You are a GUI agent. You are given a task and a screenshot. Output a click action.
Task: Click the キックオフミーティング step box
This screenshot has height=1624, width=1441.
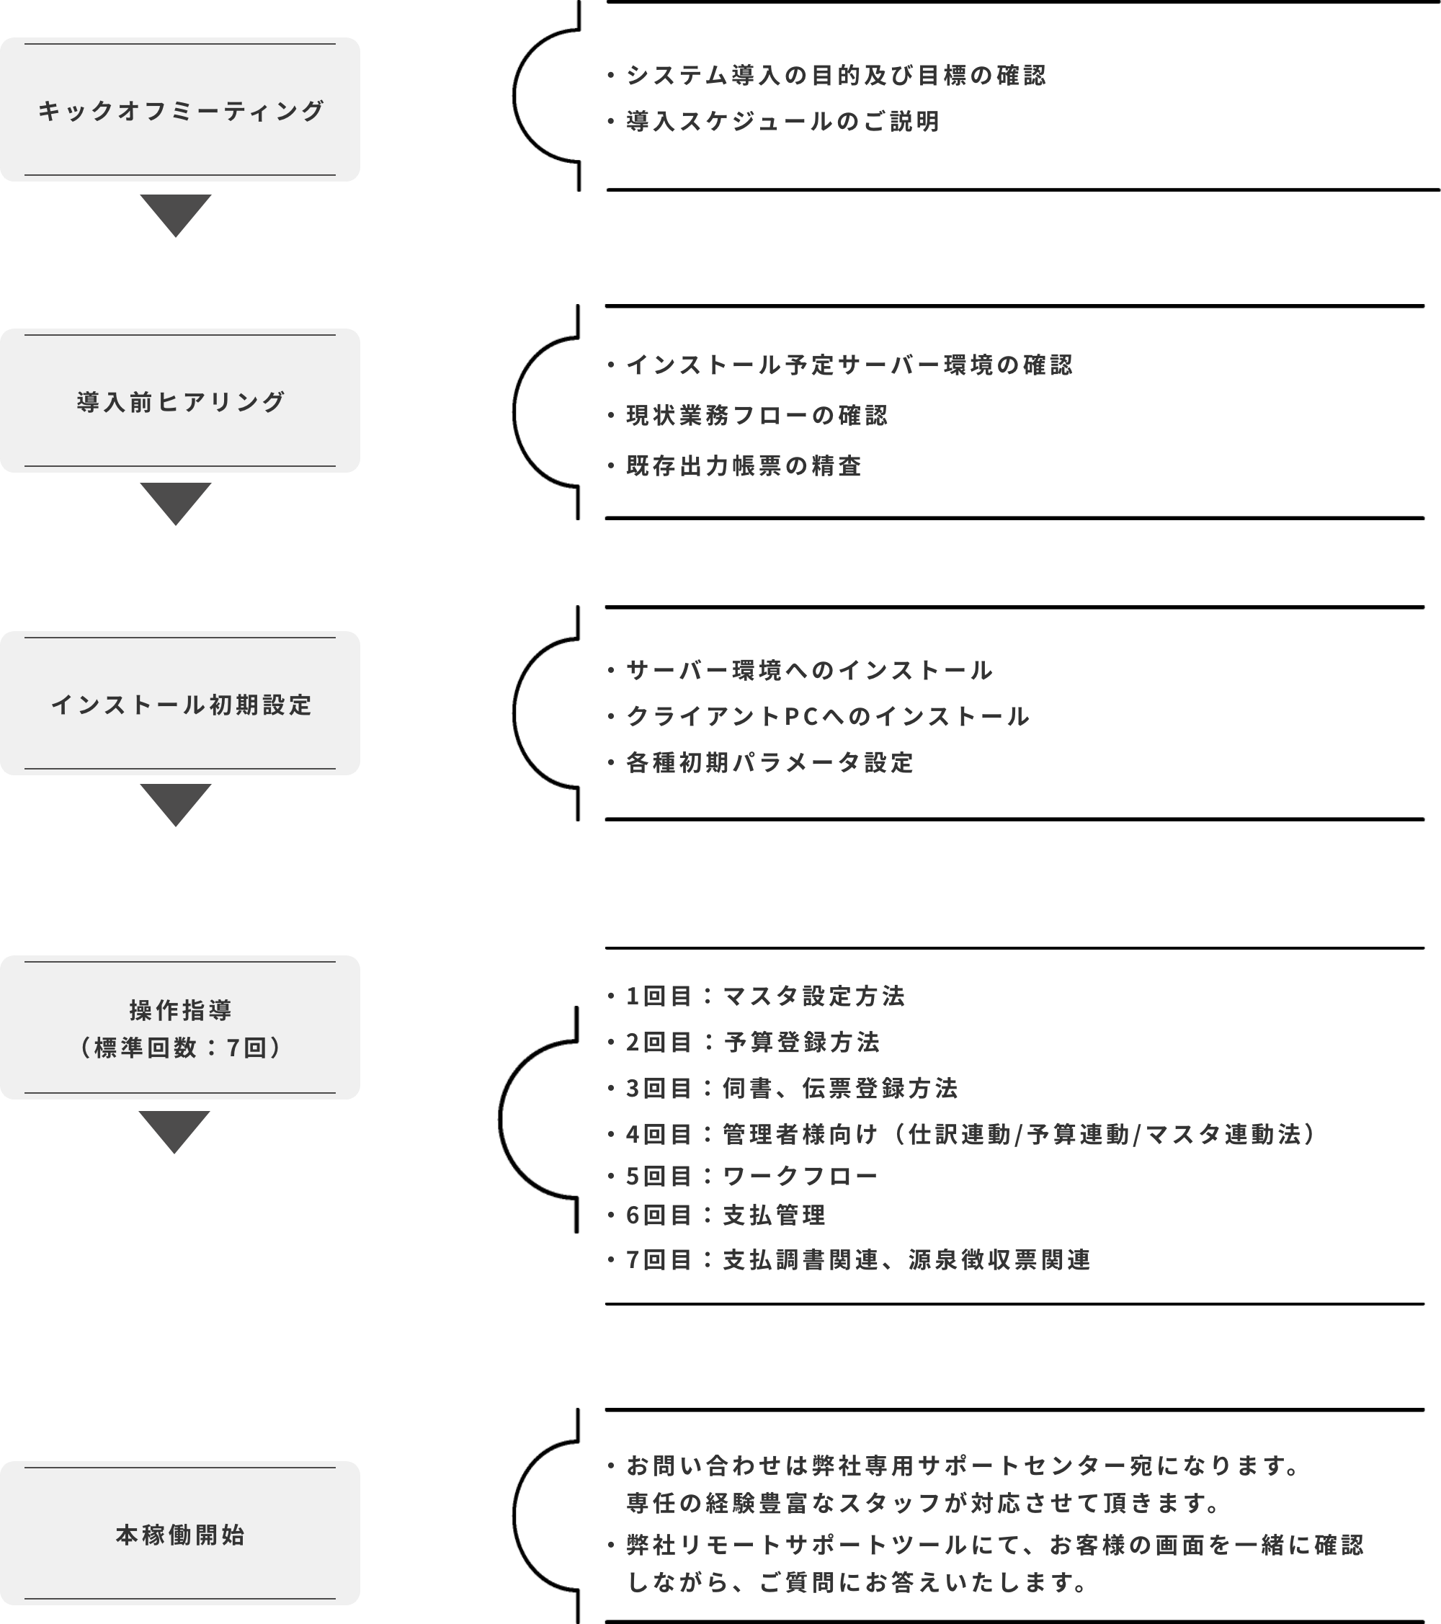[179, 110]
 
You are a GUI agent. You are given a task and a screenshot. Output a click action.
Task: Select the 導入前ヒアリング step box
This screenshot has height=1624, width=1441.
[179, 401]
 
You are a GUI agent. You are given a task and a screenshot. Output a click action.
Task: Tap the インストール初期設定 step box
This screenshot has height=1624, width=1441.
[179, 703]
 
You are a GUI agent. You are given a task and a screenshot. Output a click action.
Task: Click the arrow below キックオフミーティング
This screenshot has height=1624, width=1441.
[176, 215]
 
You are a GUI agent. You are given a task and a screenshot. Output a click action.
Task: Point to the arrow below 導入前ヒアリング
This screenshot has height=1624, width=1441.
[176, 504]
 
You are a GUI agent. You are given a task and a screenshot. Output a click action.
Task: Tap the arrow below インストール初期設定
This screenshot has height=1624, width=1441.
[176, 805]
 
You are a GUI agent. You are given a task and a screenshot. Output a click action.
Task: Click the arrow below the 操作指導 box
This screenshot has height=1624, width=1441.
[174, 1132]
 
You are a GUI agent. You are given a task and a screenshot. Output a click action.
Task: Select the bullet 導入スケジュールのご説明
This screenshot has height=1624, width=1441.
[774, 122]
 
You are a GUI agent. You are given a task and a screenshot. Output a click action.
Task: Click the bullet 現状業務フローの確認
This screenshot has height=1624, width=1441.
[747, 415]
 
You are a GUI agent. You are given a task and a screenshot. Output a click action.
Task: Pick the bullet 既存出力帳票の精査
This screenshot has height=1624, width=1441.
[734, 465]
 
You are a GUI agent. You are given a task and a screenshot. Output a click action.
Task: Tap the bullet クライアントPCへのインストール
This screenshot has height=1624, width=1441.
[818, 717]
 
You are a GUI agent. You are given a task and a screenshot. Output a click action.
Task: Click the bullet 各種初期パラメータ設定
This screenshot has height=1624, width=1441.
[760, 763]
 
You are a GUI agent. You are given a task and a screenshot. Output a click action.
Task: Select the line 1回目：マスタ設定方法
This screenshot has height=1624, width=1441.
[757, 996]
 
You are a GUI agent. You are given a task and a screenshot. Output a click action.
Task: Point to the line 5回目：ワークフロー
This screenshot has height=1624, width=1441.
[743, 1176]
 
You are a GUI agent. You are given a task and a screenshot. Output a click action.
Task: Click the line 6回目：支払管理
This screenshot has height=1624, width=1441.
[716, 1215]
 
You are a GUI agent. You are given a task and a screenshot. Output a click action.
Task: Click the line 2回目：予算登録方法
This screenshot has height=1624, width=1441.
[744, 1042]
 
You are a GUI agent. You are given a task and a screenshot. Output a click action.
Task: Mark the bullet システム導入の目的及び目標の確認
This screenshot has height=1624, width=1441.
[827, 76]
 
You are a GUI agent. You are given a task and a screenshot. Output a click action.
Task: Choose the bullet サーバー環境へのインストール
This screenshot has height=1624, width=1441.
[800, 671]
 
